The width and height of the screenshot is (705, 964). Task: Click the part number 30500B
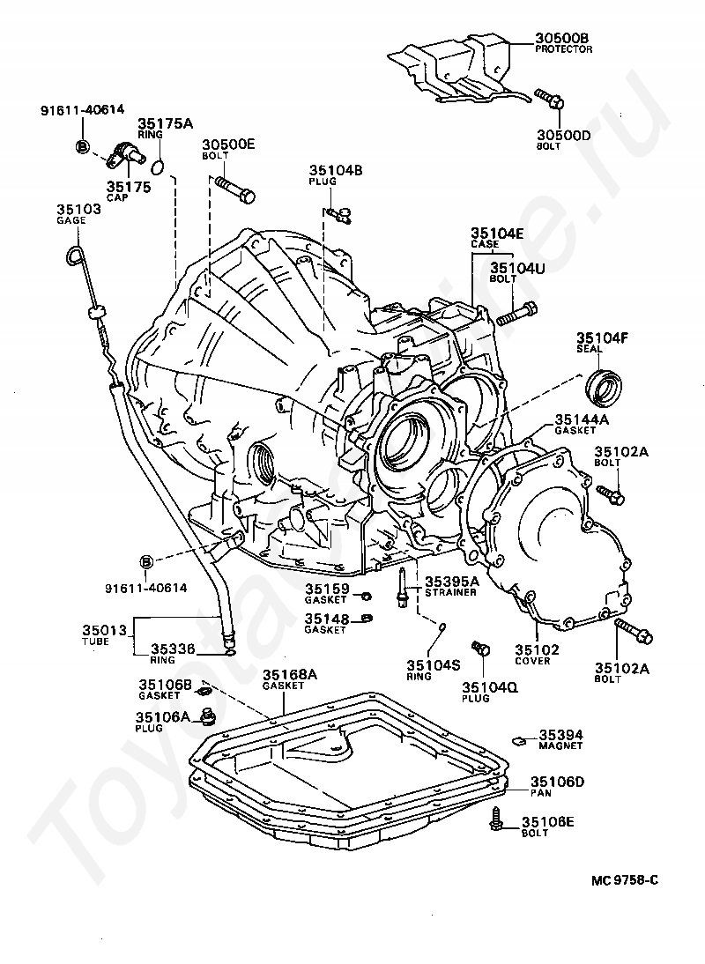click(x=562, y=39)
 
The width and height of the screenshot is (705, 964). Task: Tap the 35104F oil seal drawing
click(x=605, y=384)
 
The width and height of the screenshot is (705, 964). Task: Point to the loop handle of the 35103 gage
click(x=75, y=255)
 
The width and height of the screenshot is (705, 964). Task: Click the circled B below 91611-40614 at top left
click(x=82, y=146)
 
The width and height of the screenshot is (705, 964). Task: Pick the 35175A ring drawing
click(x=158, y=166)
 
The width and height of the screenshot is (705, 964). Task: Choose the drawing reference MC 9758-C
click(x=625, y=879)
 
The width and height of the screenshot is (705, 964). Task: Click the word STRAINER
click(x=450, y=592)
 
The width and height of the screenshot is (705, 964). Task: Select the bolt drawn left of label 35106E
click(x=496, y=819)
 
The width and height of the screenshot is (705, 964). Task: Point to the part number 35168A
click(x=290, y=674)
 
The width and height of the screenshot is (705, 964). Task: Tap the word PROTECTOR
click(x=564, y=49)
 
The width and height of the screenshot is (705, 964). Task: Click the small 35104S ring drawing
click(x=442, y=627)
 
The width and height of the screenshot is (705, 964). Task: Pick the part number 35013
click(x=105, y=630)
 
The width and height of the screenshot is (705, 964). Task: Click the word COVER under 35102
click(x=533, y=661)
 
